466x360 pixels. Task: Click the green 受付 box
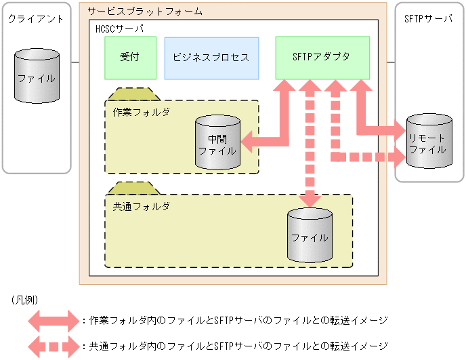tap(126, 58)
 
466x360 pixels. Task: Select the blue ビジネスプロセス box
tap(211, 58)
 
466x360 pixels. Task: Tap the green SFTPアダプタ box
tap(322, 58)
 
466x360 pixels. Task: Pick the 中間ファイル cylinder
tap(217, 143)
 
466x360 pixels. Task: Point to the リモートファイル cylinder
tap(428, 141)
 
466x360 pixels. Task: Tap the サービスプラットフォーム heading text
tap(146, 12)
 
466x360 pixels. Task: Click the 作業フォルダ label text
tap(141, 111)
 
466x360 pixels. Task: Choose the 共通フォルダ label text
tap(141, 205)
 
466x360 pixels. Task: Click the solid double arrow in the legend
tap(54, 320)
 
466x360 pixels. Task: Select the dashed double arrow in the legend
tap(54, 346)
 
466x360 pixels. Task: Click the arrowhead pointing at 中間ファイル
tap(249, 142)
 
